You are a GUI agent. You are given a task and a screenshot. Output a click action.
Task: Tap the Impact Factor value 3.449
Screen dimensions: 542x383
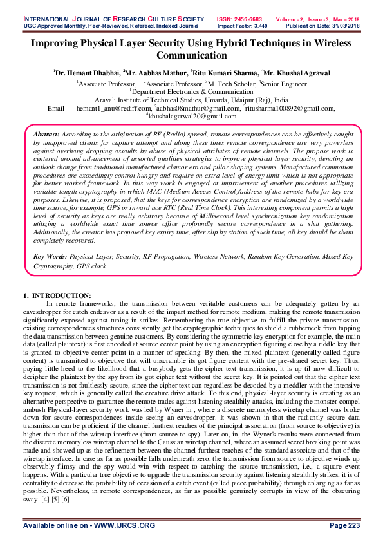coord(257,13)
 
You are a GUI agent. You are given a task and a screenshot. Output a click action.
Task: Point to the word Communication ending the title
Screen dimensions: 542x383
coord(191,55)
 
